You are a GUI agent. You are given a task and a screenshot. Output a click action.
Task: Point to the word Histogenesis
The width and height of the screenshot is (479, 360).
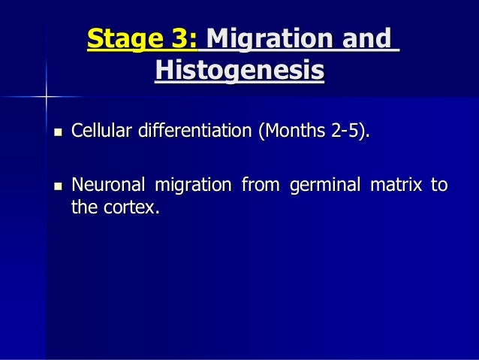239,71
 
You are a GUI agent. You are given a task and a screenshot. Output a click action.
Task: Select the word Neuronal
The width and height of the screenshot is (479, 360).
107,183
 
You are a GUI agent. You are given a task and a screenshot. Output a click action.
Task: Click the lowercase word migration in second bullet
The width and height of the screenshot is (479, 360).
191,183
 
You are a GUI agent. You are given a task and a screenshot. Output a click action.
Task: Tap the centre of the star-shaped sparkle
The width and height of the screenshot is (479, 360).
46,96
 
